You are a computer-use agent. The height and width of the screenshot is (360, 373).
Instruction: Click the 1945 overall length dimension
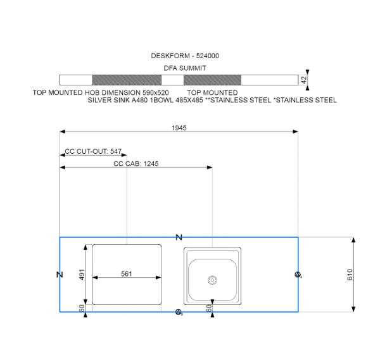pos(179,128)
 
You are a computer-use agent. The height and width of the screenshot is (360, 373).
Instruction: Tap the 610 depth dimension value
pos(350,275)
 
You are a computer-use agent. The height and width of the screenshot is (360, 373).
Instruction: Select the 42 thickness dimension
pos(304,80)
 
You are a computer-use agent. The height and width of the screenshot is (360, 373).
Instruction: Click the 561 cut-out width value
pos(126,274)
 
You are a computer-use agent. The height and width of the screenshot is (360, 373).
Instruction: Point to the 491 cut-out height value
pos(82,275)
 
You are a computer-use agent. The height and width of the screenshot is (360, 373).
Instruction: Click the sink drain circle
pos(212,280)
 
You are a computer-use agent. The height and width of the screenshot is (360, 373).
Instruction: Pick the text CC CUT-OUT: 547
pos(93,151)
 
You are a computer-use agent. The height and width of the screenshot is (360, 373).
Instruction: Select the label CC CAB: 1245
pos(136,164)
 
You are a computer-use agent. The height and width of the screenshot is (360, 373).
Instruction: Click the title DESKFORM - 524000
pos(185,56)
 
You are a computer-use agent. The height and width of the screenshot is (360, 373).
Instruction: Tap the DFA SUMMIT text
pos(184,68)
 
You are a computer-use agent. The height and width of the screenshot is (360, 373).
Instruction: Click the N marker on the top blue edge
pos(179,237)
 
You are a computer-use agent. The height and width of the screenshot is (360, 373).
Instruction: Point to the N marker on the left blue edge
pos(60,275)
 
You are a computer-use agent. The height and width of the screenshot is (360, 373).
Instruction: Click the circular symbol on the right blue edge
pos(298,275)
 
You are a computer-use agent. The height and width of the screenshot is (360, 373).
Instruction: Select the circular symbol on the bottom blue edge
pos(179,312)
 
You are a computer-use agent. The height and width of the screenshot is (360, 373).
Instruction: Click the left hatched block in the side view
pos(127,80)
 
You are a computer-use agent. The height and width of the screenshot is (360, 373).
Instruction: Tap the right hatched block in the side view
pos(212,80)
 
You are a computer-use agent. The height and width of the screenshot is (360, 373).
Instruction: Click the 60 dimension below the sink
pos(208,308)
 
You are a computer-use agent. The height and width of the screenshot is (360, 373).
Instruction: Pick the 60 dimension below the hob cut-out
pos(82,308)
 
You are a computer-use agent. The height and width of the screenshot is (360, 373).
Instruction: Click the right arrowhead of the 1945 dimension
pos(296,132)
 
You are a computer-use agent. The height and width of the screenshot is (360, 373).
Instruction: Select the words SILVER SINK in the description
pos(109,100)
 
